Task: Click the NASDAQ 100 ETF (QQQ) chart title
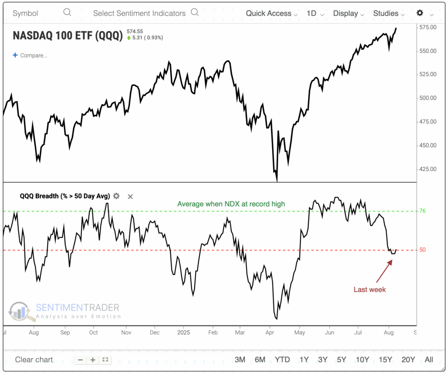click(x=68, y=35)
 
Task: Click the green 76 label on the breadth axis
click(x=423, y=211)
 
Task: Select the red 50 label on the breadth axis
click(x=423, y=250)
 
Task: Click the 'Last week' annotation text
click(x=370, y=290)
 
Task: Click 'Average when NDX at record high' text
click(x=231, y=204)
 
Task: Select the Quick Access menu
click(x=271, y=14)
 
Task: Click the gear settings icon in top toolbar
click(x=420, y=13)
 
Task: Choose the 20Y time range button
click(x=408, y=360)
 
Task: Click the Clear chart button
click(x=34, y=360)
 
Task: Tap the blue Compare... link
click(x=30, y=55)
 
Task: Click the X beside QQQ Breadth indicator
click(x=130, y=196)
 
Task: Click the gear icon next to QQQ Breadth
click(x=116, y=196)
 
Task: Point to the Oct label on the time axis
click(x=94, y=333)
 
